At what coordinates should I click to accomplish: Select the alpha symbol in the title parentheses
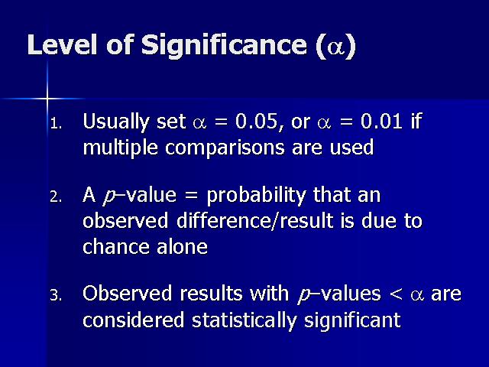point(335,47)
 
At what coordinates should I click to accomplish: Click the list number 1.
point(56,124)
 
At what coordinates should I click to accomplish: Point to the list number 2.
point(56,197)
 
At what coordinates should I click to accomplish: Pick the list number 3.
point(56,295)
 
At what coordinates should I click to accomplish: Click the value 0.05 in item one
point(256,121)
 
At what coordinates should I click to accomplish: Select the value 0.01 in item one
point(381,121)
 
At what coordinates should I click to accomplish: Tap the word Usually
point(116,122)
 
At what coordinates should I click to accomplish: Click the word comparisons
point(225,148)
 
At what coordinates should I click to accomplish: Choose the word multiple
point(121,148)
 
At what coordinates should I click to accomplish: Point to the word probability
point(256,196)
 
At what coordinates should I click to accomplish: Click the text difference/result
point(254,220)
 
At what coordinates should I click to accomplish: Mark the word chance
point(115,246)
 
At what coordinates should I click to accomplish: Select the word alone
point(182,246)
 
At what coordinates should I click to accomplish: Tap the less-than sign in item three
point(396,294)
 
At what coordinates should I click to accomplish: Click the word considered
point(133,320)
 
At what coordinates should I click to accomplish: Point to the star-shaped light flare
point(47,99)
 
